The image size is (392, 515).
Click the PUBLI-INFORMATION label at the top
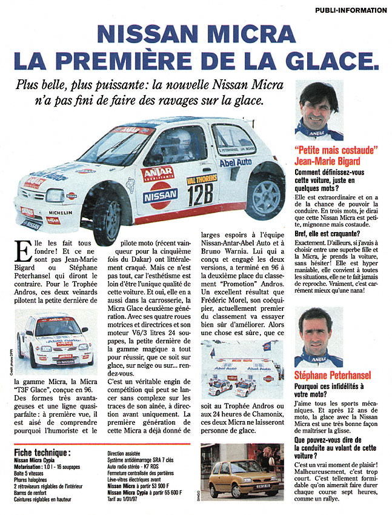click(x=350, y=10)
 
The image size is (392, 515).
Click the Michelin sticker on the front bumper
click(x=60, y=213)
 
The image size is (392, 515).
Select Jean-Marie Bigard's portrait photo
click(x=319, y=111)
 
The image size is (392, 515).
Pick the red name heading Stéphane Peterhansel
click(x=332, y=376)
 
